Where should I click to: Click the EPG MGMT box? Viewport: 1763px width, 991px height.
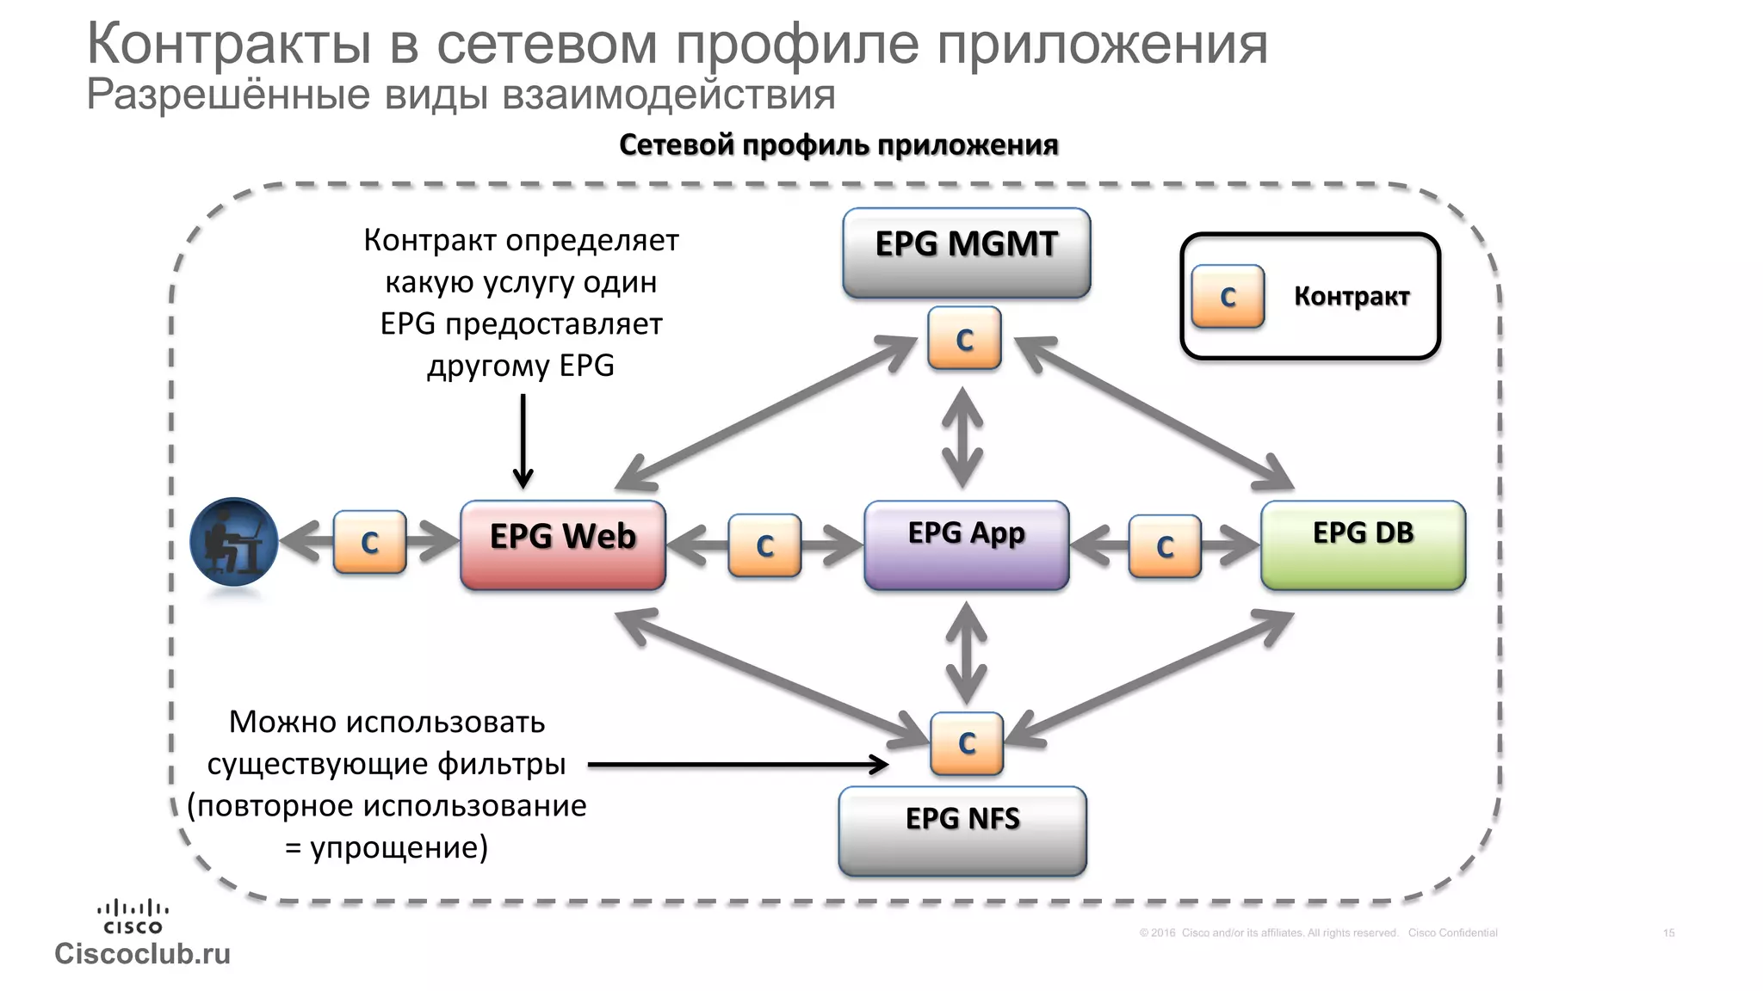[x=966, y=253]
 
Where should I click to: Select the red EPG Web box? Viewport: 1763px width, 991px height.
[x=563, y=545]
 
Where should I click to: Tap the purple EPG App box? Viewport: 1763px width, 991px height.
[x=966, y=545]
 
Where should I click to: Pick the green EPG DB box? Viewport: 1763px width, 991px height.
[x=1363, y=545]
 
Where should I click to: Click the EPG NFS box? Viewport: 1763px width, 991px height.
[x=962, y=831]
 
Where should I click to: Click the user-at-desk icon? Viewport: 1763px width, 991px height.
[x=233, y=542]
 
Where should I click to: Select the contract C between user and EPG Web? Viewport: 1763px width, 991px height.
[x=369, y=542]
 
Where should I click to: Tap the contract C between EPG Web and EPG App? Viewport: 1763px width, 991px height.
[x=764, y=545]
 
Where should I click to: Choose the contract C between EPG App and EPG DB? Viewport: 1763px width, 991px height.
[x=1165, y=546]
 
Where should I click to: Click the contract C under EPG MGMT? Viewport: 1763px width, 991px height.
[x=964, y=339]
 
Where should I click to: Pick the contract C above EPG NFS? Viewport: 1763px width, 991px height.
[x=967, y=743]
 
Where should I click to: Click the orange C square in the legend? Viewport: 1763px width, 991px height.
[x=1228, y=297]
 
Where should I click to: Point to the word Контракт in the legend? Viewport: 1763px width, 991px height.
[x=1351, y=297]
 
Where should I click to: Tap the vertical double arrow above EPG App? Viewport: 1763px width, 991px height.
[x=962, y=437]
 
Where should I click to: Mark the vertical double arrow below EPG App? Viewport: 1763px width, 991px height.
[x=966, y=652]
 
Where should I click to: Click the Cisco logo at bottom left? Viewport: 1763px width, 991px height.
[x=133, y=917]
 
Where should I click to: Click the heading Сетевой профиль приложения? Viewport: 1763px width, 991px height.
[x=838, y=145]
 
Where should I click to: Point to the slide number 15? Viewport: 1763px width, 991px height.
[x=1668, y=933]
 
